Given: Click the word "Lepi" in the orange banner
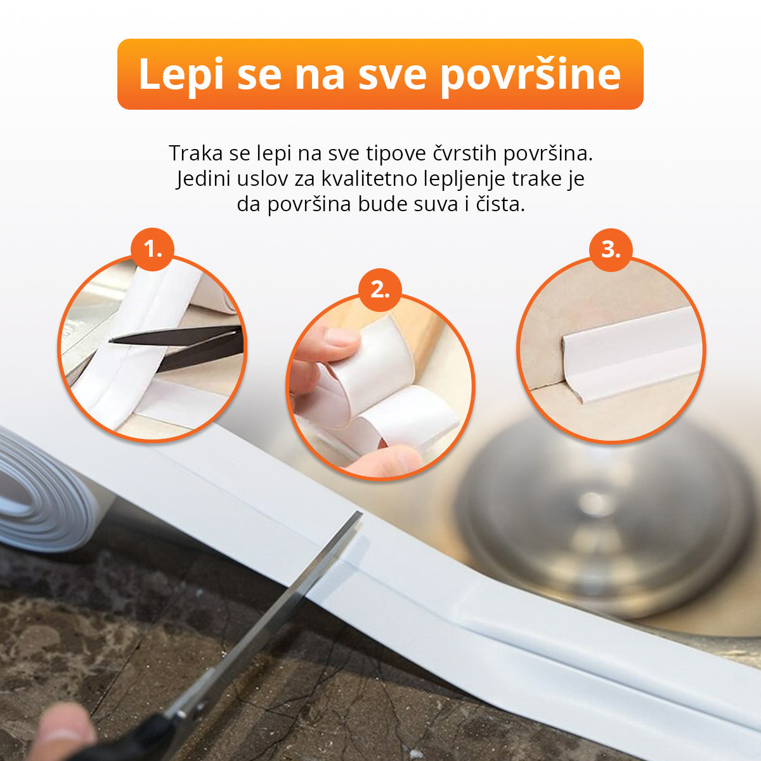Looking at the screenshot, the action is [x=181, y=74].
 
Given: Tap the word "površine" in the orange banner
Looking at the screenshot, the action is [x=530, y=74].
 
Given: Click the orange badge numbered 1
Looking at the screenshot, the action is [x=152, y=250].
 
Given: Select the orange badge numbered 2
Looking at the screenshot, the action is [x=380, y=290].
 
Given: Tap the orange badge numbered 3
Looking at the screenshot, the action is [x=611, y=250].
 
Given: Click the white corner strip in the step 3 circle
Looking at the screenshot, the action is [x=632, y=355].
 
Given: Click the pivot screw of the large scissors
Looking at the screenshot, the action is [x=181, y=715].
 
